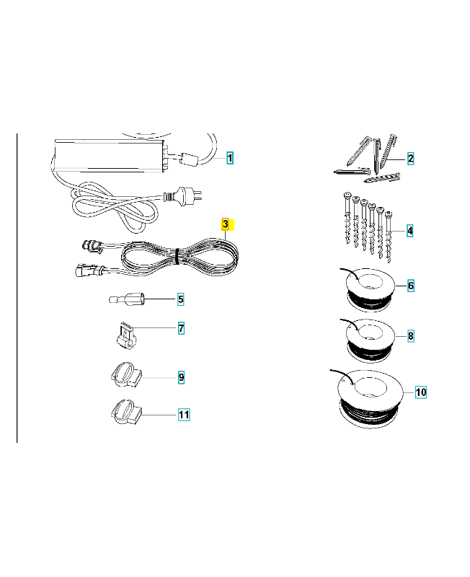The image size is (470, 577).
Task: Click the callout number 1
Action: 230,158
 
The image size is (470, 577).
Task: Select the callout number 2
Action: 410,159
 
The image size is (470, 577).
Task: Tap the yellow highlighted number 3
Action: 226,224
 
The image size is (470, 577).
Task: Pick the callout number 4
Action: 409,231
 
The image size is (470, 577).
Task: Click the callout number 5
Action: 180,299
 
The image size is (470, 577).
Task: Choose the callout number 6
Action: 411,286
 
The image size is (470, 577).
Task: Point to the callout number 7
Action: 181,328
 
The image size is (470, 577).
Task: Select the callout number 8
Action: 411,335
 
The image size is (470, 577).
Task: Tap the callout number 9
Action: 181,377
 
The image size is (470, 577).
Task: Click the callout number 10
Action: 421,392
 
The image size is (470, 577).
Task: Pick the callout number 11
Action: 184,415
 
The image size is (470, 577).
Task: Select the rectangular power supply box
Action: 110,155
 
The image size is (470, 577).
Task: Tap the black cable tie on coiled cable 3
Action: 177,256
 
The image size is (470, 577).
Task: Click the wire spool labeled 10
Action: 371,399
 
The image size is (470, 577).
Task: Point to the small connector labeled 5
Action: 127,299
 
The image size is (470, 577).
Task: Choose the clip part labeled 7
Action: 126,335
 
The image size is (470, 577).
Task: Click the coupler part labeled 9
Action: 125,375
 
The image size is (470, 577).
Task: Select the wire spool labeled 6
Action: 370,290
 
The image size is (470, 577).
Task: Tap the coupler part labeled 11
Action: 125,411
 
